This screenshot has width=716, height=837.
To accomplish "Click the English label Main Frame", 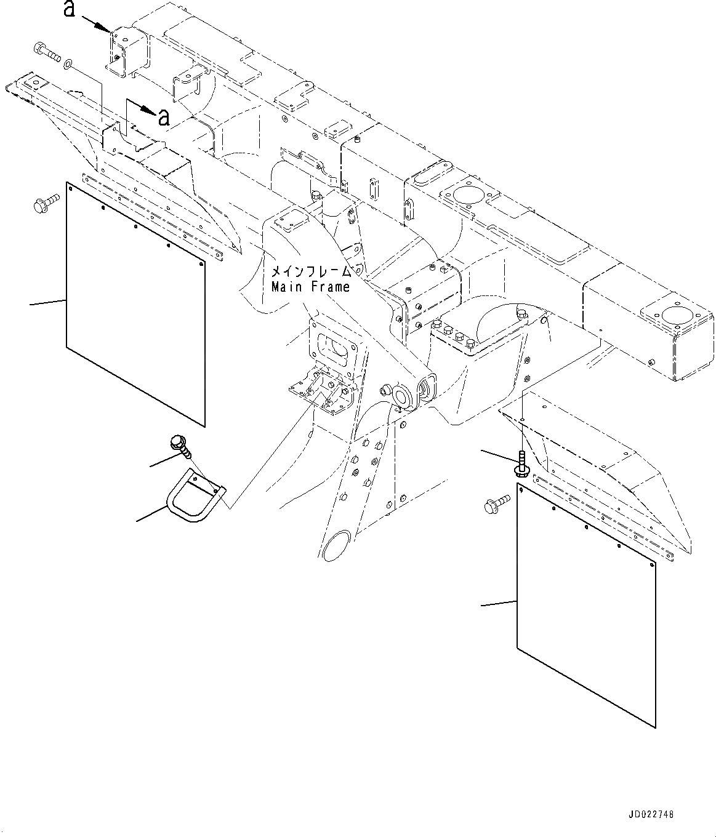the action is point(311,287).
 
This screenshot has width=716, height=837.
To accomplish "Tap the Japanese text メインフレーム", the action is point(311,271).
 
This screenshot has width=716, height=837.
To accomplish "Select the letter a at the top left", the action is point(70,9).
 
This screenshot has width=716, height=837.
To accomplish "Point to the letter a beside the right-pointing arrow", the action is point(164,117).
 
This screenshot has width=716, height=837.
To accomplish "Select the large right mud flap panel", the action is point(586,606).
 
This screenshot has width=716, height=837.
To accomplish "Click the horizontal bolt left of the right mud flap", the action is point(497,505).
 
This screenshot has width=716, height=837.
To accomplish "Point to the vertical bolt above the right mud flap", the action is point(521,463).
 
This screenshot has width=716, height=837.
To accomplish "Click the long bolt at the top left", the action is point(47,52).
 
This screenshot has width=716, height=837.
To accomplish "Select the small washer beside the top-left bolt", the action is point(68,63).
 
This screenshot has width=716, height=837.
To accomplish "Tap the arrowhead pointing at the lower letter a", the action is point(148,110).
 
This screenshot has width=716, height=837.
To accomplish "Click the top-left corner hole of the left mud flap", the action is point(71,188).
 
